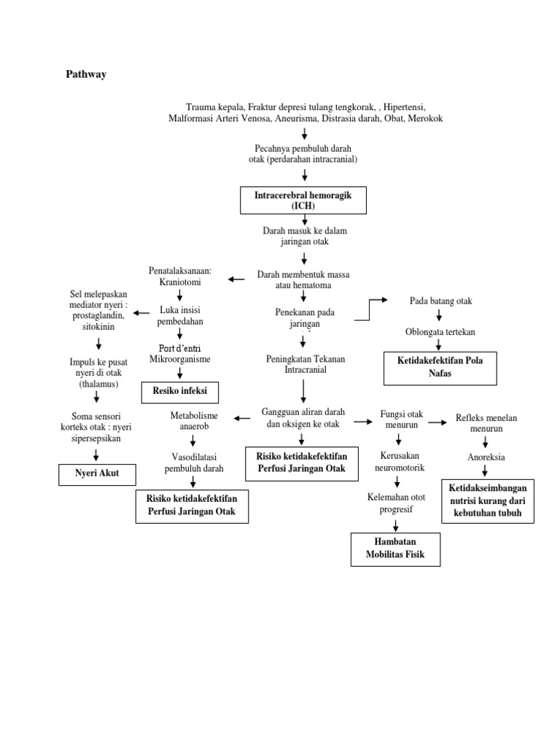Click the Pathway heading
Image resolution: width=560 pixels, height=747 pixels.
[x=86, y=74]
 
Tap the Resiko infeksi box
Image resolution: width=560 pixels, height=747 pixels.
[x=179, y=391]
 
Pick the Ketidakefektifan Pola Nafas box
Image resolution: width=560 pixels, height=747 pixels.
[x=440, y=368]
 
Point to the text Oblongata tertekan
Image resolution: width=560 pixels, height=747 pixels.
[x=440, y=332]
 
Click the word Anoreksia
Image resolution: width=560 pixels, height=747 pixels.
[x=486, y=457]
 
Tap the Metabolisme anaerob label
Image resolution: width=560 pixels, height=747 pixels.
[x=193, y=422]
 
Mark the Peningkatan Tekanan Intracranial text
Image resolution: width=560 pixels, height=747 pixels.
[x=303, y=364]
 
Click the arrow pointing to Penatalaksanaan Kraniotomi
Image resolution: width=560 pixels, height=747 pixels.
[x=236, y=279]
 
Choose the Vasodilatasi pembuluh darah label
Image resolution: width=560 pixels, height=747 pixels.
[x=192, y=462]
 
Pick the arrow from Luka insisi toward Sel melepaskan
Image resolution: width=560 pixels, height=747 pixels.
[x=142, y=314]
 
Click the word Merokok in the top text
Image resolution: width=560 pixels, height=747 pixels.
[x=424, y=118]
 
